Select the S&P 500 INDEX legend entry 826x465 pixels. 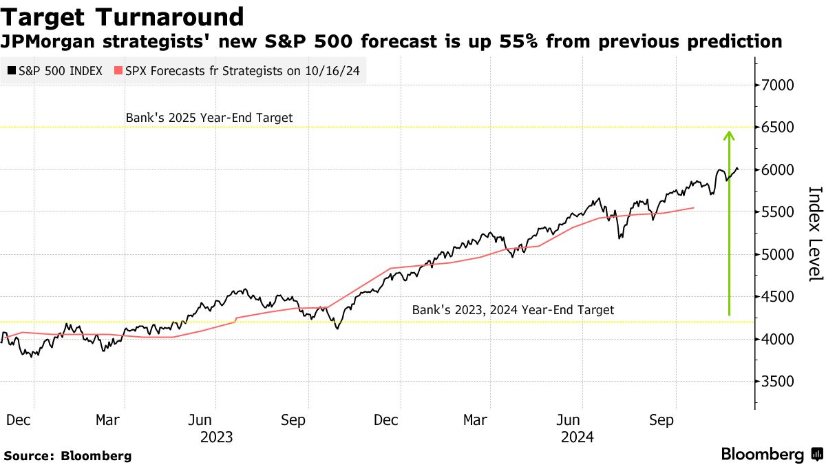(56, 70)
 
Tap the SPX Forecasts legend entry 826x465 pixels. (242, 70)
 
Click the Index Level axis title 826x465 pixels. (815, 234)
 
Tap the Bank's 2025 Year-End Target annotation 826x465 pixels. (209, 118)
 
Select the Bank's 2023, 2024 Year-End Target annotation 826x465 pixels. (513, 310)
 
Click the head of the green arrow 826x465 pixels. (729, 135)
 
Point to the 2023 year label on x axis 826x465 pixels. (216, 437)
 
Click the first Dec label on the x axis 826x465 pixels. (19, 420)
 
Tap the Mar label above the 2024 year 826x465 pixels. (476, 420)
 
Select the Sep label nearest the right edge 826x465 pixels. (661, 420)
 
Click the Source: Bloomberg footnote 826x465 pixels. (67, 455)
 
